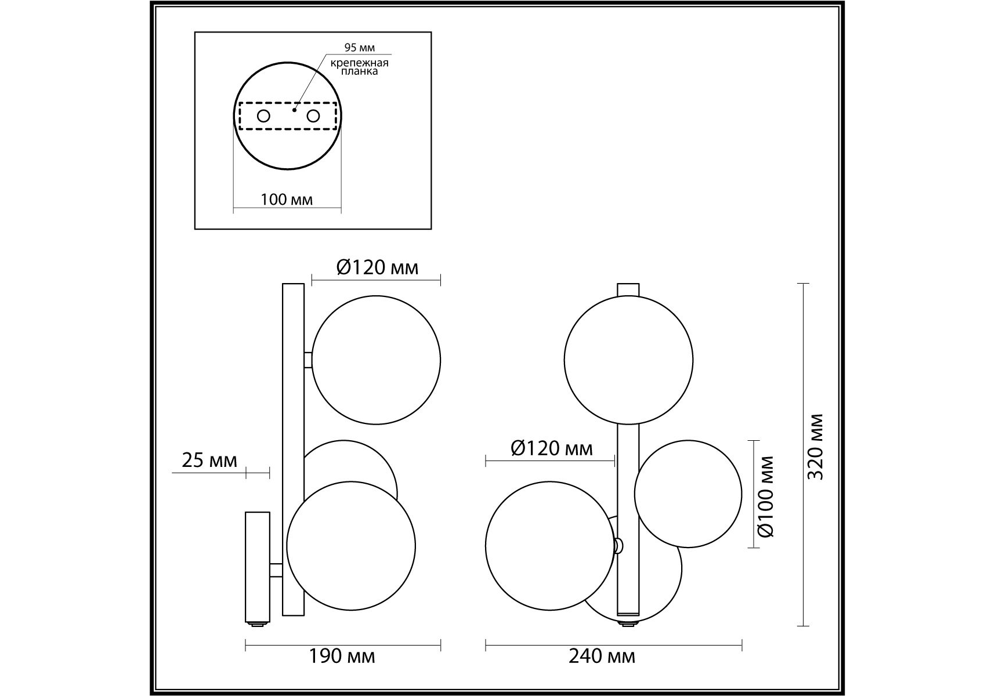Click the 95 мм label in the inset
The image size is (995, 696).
click(x=359, y=48)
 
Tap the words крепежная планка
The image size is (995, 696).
click(x=360, y=67)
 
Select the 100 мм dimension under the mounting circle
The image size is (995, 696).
click(x=287, y=200)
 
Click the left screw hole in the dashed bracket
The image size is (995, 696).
click(x=263, y=116)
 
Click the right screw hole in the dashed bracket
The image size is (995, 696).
click(x=313, y=116)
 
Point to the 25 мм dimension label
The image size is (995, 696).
click(x=209, y=461)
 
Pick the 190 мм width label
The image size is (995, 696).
click(x=342, y=657)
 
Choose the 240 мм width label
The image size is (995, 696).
click(x=602, y=657)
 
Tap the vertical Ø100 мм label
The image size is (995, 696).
click(x=766, y=496)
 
